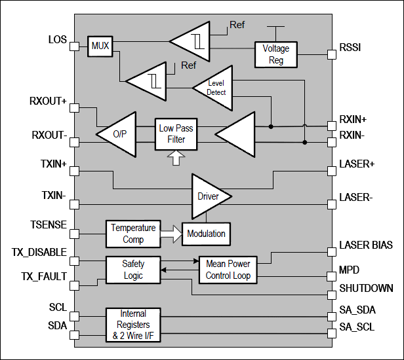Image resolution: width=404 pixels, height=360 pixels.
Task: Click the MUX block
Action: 100,46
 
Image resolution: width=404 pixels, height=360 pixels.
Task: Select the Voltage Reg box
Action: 275,54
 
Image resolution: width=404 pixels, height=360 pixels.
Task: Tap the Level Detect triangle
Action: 213,88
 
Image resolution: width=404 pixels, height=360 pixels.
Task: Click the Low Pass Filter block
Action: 176,134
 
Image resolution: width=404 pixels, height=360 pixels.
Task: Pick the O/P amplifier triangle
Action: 119,134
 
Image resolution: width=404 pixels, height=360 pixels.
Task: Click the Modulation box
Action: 206,233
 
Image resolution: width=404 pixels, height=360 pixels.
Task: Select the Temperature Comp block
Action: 133,233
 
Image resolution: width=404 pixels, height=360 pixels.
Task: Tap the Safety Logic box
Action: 133,270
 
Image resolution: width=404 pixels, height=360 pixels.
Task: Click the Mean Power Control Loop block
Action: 228,270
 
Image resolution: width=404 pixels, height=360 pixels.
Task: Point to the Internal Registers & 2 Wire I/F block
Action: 134,325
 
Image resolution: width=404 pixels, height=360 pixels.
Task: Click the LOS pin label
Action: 58,40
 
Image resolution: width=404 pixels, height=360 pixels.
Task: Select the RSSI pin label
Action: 350,47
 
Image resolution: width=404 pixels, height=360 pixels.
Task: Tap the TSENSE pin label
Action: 49,225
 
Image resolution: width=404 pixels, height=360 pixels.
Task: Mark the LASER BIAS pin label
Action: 366,245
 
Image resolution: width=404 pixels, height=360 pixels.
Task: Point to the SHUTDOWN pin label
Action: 366,288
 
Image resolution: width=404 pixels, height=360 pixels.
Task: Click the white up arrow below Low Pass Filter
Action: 175,158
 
